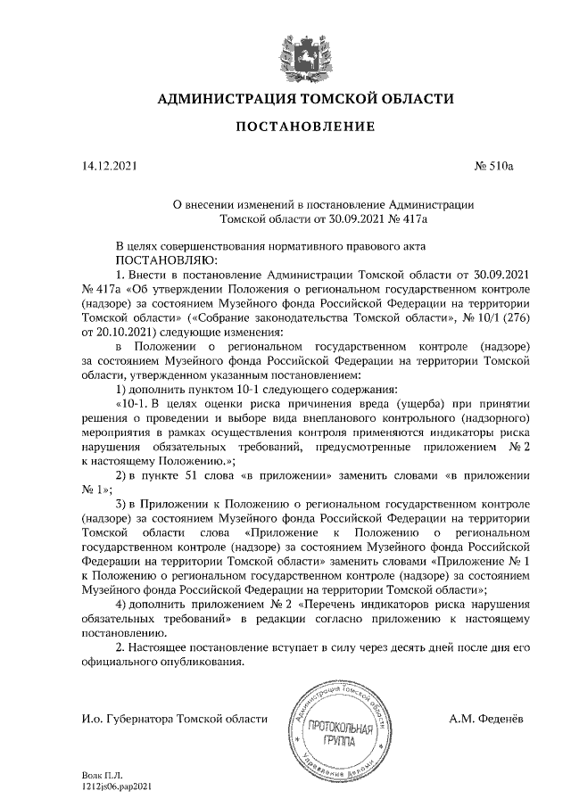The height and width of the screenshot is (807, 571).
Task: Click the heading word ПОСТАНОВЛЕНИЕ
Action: point(305,128)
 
